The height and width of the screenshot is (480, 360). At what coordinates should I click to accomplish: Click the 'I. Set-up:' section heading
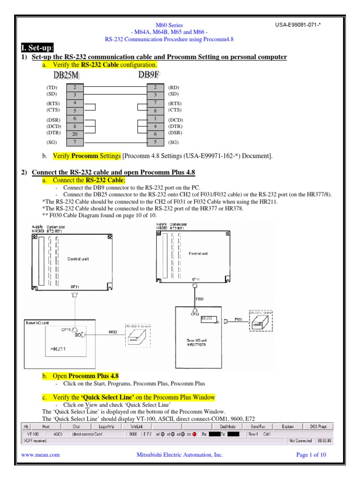(x=38, y=48)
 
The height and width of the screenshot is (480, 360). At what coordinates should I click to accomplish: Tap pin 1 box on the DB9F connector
(x=155, y=119)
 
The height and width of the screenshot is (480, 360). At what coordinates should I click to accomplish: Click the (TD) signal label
(x=51, y=87)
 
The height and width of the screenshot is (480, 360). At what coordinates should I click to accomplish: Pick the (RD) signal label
(x=173, y=87)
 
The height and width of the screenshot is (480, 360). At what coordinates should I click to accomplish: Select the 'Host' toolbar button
(x=46, y=427)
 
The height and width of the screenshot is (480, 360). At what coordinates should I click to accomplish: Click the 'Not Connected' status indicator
(x=300, y=441)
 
